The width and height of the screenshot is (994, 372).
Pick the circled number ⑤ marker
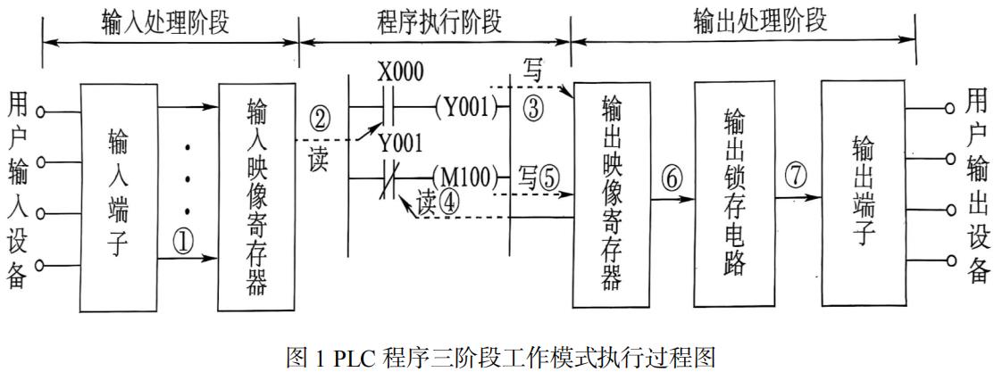click(546, 178)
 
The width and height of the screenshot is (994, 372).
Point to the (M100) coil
click(464, 177)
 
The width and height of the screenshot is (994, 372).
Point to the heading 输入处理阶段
click(166, 21)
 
